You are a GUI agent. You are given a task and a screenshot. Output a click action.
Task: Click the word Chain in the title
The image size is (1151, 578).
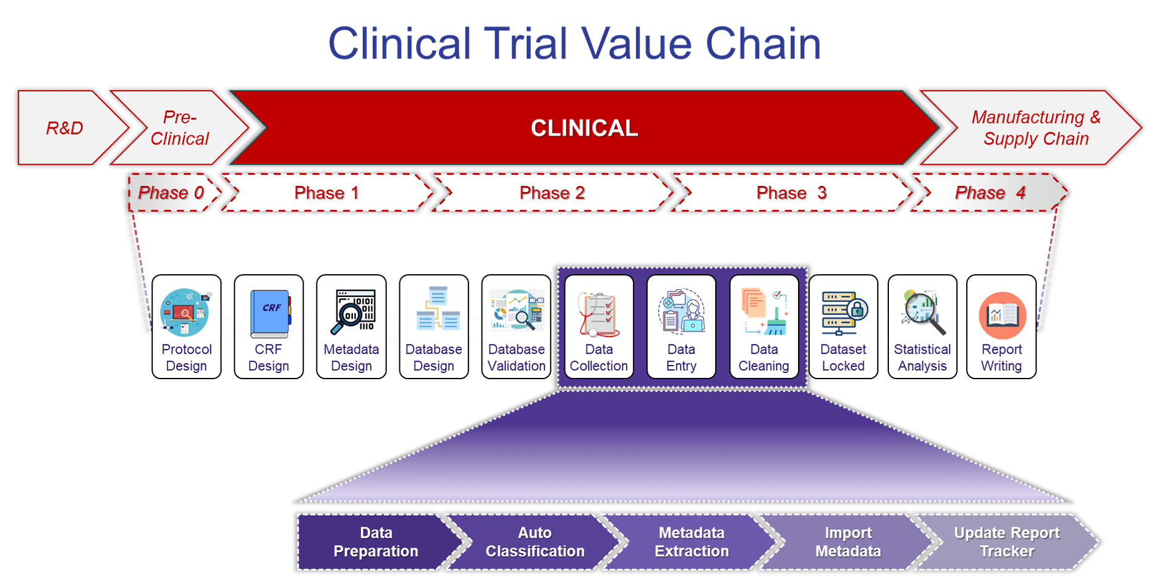763,44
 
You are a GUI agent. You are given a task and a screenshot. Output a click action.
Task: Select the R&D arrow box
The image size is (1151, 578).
65,128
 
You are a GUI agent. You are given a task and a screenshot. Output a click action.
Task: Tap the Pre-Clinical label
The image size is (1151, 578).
180,128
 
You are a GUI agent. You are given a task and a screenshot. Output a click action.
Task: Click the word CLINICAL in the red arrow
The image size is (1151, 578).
584,128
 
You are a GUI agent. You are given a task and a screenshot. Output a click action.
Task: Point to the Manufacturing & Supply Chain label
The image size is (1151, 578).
1036,128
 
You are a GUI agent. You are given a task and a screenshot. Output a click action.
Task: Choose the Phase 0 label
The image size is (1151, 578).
171,193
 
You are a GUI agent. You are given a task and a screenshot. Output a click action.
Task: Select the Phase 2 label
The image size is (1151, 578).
552,193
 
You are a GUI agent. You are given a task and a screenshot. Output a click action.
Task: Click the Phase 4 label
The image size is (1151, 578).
990,193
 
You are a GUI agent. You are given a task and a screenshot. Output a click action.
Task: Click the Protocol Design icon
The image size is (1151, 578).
185,312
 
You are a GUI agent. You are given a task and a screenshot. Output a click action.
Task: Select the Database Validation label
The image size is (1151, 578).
516,358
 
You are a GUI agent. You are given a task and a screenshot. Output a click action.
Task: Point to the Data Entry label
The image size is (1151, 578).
681,358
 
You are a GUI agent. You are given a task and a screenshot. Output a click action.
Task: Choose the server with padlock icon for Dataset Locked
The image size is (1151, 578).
843,312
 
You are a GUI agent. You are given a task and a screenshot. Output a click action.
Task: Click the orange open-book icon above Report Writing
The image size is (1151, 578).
1002,315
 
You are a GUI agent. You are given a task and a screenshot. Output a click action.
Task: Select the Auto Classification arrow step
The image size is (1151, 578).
535,542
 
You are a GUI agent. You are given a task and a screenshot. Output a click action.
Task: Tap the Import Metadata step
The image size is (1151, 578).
848,542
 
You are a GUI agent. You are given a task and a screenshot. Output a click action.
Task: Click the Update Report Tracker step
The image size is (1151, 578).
1006,542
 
